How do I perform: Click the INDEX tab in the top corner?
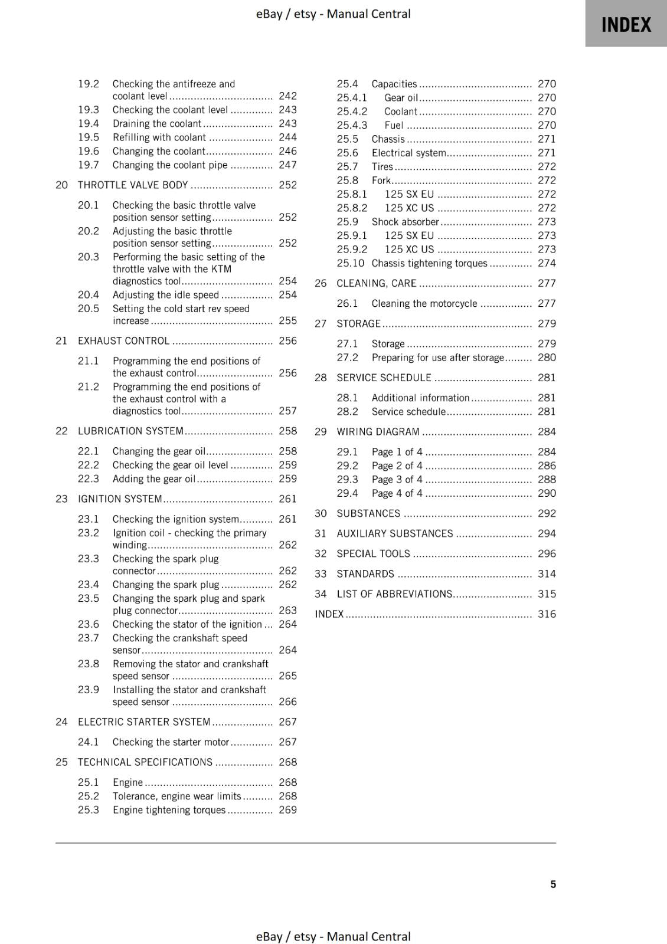tap(626, 24)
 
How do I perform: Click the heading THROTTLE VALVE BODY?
tap(133, 185)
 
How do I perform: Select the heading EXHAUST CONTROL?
tap(123, 341)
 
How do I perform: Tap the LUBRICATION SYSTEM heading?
tap(130, 431)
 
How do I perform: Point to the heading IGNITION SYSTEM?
tap(120, 499)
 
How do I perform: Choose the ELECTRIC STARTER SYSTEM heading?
tap(144, 722)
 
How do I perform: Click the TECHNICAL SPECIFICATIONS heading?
tap(145, 762)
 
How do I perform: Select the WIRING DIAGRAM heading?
tap(378, 432)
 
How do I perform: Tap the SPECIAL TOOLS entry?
tap(373, 554)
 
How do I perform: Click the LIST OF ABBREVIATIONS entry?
tap(394, 594)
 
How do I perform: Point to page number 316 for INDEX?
tap(547, 614)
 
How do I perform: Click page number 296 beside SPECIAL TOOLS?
tap(547, 554)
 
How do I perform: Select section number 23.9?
tap(89, 690)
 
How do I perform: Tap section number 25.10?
tap(351, 264)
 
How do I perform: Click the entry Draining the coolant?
tap(157, 124)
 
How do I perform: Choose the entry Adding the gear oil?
tap(153, 479)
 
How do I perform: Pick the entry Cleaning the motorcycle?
tap(424, 304)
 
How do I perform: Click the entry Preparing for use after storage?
tap(437, 358)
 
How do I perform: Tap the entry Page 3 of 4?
tap(397, 480)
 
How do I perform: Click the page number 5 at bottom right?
tap(553, 884)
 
